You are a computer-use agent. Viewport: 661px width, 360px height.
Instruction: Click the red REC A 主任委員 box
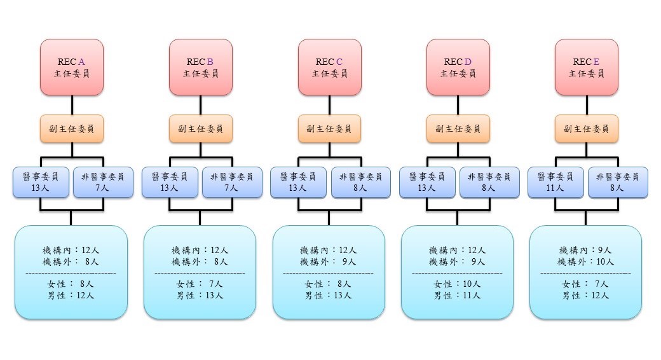click(72, 67)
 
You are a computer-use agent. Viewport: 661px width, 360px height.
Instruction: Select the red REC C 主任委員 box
click(330, 67)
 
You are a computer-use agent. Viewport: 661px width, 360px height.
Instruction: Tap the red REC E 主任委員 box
click(587, 67)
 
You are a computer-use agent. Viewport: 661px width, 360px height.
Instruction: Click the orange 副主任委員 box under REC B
click(201, 128)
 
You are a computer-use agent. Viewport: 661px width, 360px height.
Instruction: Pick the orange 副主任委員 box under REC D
click(458, 128)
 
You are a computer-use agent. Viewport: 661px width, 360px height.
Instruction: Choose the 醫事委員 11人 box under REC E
click(555, 183)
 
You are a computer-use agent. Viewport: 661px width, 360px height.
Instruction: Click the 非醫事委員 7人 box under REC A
click(103, 183)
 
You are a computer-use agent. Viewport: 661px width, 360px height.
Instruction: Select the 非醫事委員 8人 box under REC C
click(361, 183)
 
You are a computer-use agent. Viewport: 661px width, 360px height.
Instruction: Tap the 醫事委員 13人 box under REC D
click(427, 183)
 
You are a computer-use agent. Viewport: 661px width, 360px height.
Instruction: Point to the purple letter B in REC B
click(210, 62)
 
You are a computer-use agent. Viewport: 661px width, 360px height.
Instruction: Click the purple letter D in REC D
click(468, 62)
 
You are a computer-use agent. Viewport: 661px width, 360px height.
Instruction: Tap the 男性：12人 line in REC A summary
click(71, 295)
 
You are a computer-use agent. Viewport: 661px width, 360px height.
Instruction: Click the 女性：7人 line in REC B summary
click(200, 284)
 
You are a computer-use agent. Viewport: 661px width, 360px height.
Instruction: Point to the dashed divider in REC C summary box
click(329, 273)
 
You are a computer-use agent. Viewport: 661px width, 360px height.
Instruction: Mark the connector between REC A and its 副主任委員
click(72, 105)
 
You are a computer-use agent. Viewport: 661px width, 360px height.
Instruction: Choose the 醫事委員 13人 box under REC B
click(170, 183)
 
